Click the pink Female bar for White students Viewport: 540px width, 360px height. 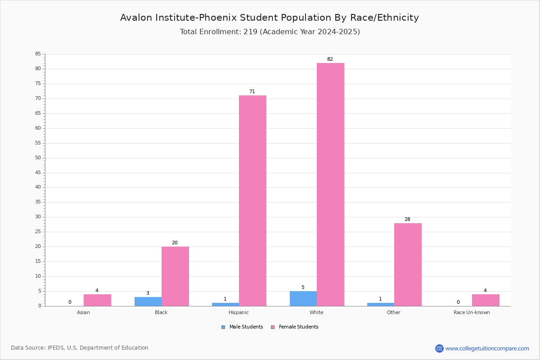[330, 184]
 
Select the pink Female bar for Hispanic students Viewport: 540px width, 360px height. [252, 201]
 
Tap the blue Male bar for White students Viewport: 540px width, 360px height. [303, 299]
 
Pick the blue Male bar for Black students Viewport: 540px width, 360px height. [148, 301]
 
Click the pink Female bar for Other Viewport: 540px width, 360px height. [408, 265]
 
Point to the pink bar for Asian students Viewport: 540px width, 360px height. [97, 300]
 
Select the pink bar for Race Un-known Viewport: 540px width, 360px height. [486, 300]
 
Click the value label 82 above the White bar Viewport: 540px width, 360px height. [330, 59]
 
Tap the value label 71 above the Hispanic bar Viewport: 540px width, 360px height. [252, 91]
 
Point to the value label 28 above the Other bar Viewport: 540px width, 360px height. [407, 219]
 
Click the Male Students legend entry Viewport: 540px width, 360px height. [242, 327]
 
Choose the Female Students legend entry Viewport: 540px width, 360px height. [295, 327]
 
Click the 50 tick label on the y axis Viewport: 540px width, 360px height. [38, 157]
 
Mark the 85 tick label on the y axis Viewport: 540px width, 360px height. [38, 54]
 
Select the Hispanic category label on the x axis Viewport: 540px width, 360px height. [238, 312]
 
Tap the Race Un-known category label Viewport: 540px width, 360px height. [472, 312]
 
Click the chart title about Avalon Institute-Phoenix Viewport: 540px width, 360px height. [270, 18]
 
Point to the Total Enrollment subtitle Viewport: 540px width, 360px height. [270, 32]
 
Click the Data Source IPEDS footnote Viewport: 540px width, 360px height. [80, 348]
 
